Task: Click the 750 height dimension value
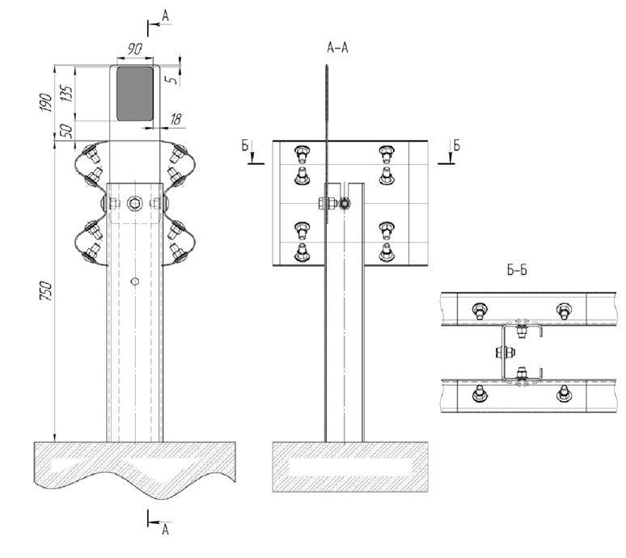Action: tap(46, 290)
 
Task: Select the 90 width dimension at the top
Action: tap(135, 50)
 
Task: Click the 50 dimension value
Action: tap(67, 130)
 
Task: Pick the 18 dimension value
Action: tap(175, 120)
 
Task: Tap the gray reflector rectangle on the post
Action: tap(135, 94)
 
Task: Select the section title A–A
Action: tap(337, 49)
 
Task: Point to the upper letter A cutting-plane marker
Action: tap(166, 15)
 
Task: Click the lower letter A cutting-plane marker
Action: tap(166, 530)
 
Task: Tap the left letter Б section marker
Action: tap(245, 146)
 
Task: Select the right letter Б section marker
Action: tap(456, 146)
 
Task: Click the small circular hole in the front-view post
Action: tap(135, 281)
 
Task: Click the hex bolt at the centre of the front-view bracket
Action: tap(135, 203)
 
